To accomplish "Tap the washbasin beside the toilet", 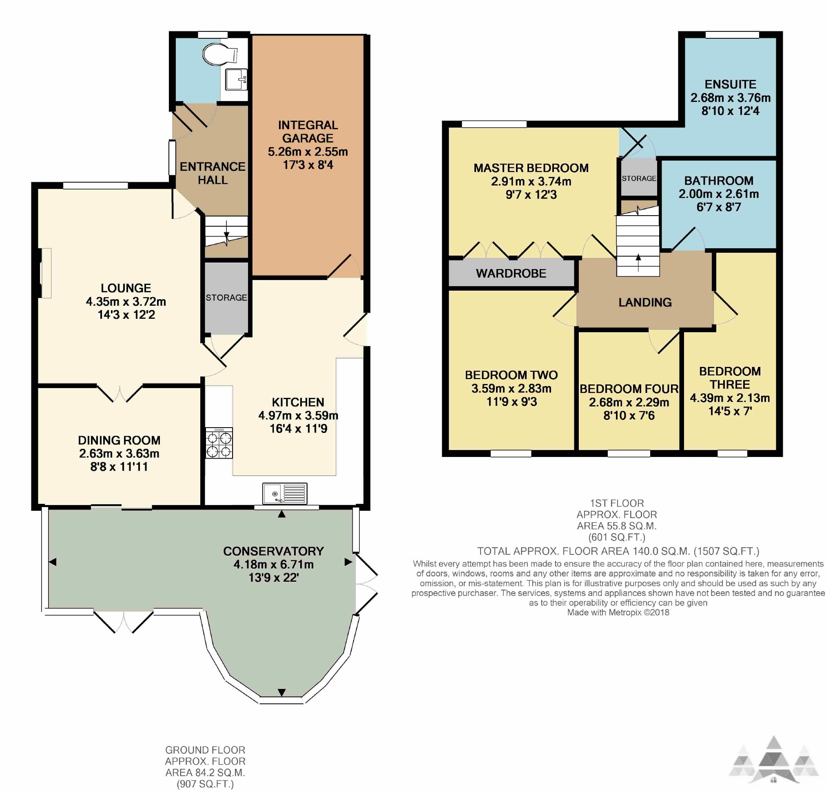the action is [236, 79].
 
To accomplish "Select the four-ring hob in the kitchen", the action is [219, 443].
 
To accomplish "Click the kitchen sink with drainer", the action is [284, 493].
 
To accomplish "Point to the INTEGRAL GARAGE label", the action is [308, 131].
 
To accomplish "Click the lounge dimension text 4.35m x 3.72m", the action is [126, 302].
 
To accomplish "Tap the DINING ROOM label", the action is [119, 440].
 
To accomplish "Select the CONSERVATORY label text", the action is [274, 551].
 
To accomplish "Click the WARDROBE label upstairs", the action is [511, 273].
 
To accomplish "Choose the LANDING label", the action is [645, 302].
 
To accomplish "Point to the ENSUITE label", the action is [730, 84].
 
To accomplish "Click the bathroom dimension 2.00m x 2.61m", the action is [719, 194].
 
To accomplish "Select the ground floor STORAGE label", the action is [226, 297].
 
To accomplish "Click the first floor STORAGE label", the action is [639, 178].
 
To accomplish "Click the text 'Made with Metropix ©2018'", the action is [618, 612].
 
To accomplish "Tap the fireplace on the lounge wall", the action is [44, 273].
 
